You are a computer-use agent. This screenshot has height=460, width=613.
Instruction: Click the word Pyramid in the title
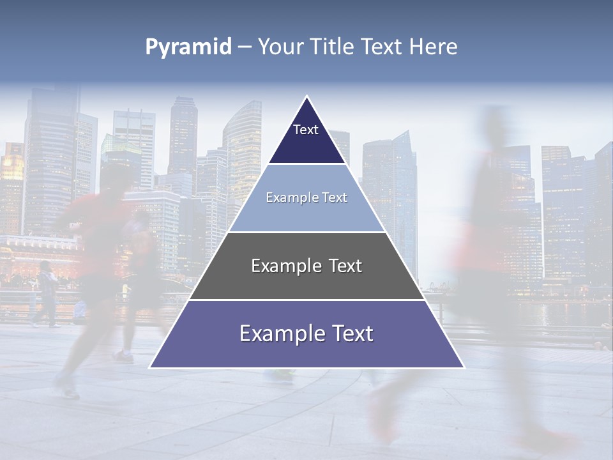(188, 47)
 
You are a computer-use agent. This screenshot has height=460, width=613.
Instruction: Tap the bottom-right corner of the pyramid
(463, 367)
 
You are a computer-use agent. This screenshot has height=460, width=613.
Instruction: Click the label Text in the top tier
(305, 130)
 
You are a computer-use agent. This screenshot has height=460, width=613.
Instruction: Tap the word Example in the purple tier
(273, 333)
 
